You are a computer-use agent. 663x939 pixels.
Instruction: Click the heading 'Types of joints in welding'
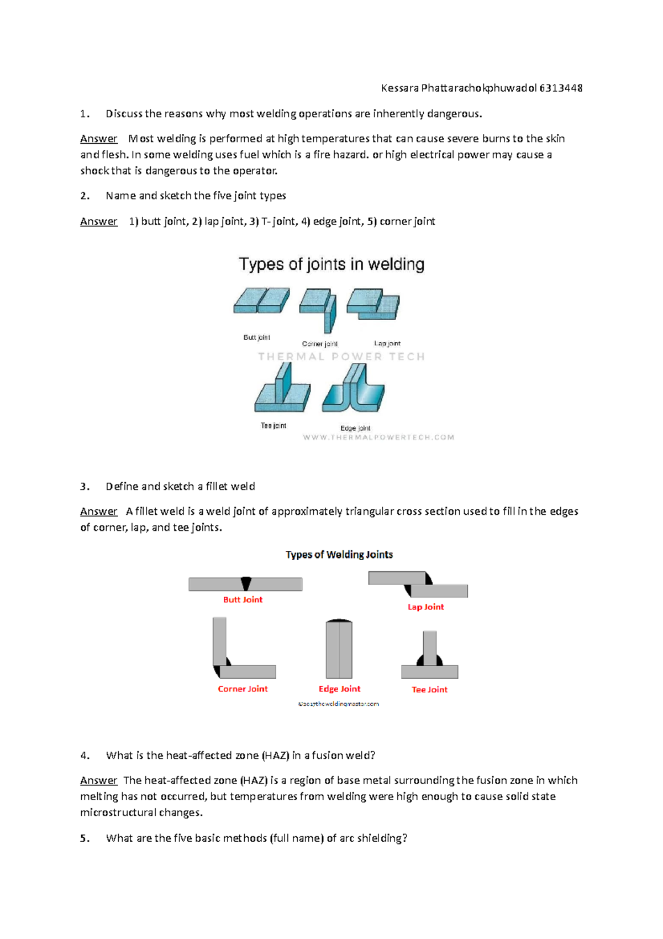[x=331, y=264]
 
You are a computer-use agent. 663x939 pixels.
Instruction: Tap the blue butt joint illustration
[x=261, y=301]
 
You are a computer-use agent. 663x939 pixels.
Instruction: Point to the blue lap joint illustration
[x=373, y=304]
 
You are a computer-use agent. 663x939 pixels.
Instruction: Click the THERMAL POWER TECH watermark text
[x=341, y=357]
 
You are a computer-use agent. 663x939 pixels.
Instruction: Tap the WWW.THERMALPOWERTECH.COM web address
[x=378, y=437]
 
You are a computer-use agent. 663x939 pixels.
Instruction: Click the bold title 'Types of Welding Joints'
[x=339, y=555]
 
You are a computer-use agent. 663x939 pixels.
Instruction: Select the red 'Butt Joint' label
[x=243, y=599]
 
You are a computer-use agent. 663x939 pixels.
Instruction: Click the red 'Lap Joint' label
[x=425, y=607]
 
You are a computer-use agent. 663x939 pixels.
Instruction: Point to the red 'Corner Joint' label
[x=243, y=688]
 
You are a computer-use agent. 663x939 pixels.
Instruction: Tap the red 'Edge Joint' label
[x=339, y=688]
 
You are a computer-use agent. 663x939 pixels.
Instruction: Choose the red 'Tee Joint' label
[x=429, y=690]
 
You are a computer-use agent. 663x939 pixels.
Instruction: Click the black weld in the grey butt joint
[x=246, y=583]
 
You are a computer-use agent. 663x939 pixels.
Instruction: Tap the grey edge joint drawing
[x=339, y=649]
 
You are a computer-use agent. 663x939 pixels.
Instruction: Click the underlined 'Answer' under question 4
[x=98, y=780]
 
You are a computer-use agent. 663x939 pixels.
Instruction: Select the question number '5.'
[x=85, y=838]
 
